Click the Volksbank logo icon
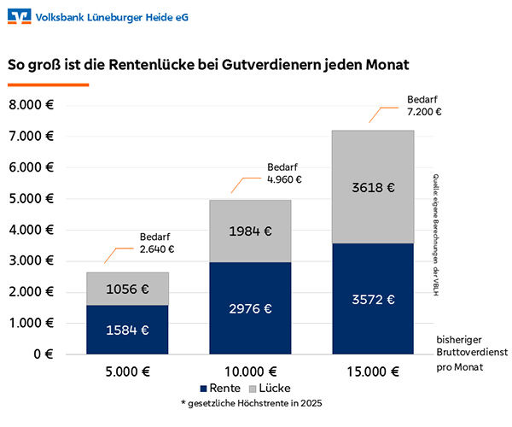19,16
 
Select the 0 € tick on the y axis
44,354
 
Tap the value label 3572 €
372,299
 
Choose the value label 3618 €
372,187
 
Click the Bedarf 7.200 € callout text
424,105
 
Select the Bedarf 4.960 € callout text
285,173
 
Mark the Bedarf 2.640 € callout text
157,243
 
